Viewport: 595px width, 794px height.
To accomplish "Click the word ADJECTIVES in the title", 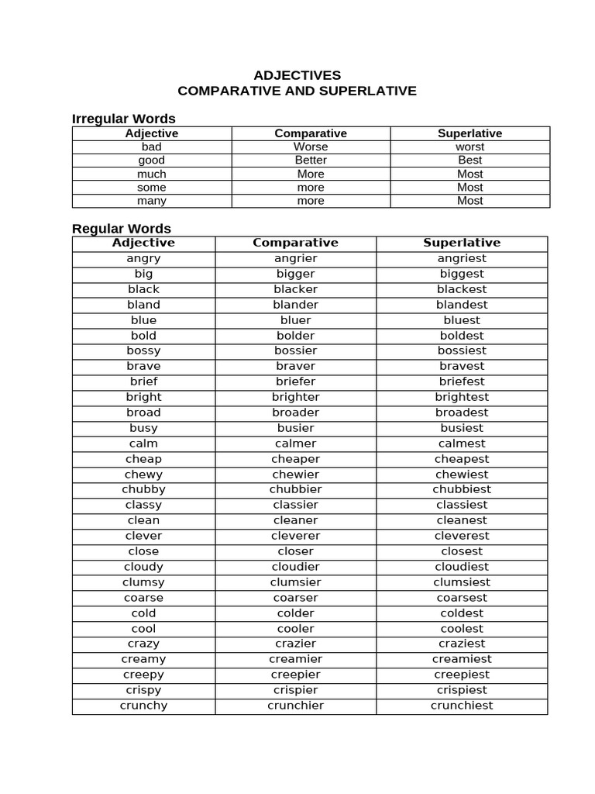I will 297,75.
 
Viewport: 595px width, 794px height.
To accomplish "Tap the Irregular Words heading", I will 124,119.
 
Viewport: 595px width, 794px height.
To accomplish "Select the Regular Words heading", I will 122,229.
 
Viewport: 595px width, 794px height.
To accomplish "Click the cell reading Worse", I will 311,147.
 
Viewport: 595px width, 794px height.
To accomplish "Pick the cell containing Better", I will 311,160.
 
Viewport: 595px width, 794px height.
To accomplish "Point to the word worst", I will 469,147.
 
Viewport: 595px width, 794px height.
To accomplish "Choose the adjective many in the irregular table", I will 152,201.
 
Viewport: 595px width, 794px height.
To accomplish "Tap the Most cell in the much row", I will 469,174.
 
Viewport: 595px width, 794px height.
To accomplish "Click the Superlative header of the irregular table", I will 469,133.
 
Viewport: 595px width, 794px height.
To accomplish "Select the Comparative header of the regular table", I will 295,243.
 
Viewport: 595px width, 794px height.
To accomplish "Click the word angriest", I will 462,258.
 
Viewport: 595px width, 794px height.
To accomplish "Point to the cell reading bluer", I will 295,320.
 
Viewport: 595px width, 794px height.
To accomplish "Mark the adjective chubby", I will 143,489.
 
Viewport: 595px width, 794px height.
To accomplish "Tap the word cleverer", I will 295,536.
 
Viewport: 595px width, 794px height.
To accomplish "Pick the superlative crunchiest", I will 462,706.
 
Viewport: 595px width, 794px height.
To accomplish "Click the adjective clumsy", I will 143,582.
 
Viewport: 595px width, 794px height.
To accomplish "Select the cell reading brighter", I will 295,397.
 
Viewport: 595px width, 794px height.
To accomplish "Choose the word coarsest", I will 462,598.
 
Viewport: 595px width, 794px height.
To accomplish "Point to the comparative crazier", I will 295,644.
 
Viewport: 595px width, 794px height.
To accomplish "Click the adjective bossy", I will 143,350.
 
